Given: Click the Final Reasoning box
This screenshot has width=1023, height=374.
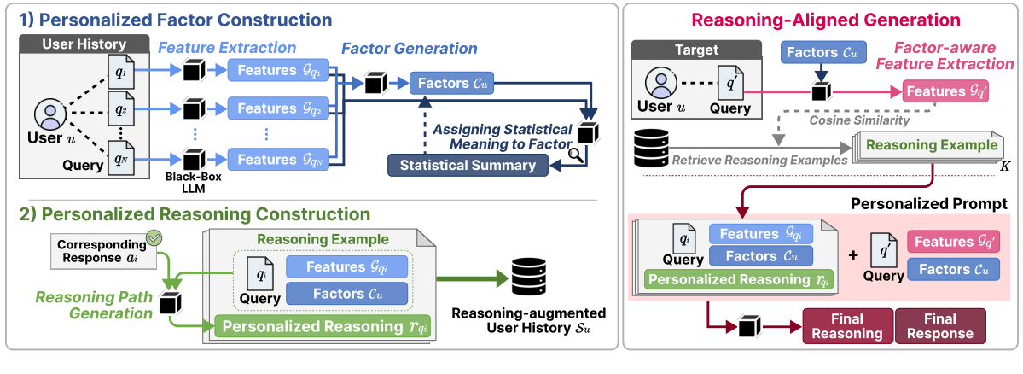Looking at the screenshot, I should pyautogui.click(x=847, y=326).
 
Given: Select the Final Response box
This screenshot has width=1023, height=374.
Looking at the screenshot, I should pyautogui.click(x=940, y=326).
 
